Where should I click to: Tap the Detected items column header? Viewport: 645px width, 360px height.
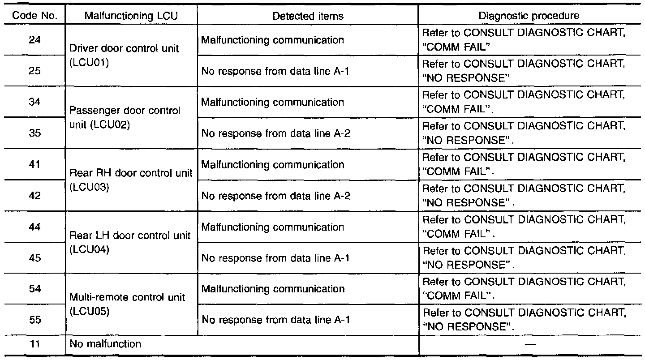click(x=308, y=16)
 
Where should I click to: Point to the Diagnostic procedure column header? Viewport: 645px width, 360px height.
click(x=529, y=16)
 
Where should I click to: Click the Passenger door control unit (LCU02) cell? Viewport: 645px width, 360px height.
click(x=125, y=117)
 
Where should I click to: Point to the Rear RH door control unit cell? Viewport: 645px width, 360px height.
click(x=131, y=180)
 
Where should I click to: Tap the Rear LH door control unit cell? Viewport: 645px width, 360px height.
click(x=130, y=242)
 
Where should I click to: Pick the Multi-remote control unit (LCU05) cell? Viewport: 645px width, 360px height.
click(x=128, y=304)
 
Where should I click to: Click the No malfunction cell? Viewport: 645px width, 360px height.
click(x=106, y=344)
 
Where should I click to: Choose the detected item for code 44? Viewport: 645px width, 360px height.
click(x=273, y=227)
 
